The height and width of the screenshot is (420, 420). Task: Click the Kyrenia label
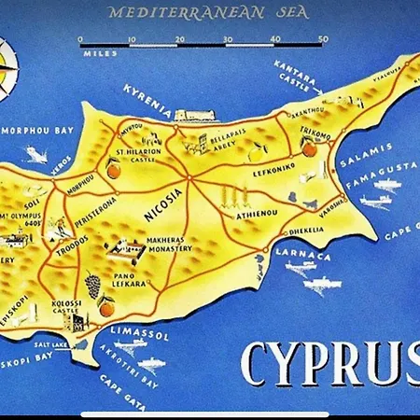click(147, 101)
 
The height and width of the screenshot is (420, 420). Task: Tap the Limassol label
click(140, 333)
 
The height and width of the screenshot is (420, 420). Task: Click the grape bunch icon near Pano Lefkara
click(93, 282)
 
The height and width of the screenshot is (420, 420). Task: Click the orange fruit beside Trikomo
click(309, 147)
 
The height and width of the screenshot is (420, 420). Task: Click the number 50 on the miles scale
click(323, 39)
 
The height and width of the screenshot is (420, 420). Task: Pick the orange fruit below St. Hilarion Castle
click(114, 171)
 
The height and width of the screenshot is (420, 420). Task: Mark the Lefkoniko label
click(274, 173)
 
